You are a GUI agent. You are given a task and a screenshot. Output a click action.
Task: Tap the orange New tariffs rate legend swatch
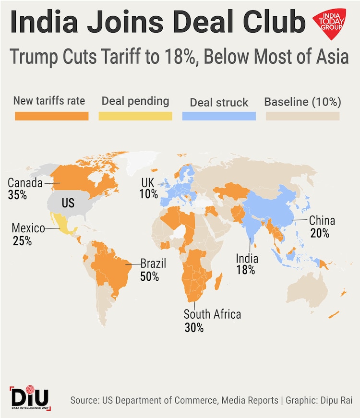(x=52, y=116)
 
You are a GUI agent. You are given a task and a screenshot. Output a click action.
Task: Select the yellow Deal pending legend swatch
(x=135, y=116)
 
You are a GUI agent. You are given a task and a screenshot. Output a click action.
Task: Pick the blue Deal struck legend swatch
(x=219, y=116)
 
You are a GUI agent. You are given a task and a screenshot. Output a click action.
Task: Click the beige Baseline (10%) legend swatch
(x=302, y=116)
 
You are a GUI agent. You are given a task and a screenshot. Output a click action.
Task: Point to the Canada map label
(x=25, y=183)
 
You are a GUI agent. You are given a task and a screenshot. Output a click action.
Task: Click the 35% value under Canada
(x=17, y=195)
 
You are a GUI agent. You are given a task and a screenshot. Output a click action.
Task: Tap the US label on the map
(x=68, y=203)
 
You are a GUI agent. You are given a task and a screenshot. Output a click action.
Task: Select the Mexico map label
(x=28, y=228)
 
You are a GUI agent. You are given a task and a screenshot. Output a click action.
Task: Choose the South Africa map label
(x=212, y=315)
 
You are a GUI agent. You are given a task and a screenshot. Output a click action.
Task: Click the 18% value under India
(x=245, y=270)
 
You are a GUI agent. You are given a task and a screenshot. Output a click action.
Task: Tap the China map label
(x=322, y=221)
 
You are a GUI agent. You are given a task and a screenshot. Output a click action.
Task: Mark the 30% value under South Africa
(x=194, y=328)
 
